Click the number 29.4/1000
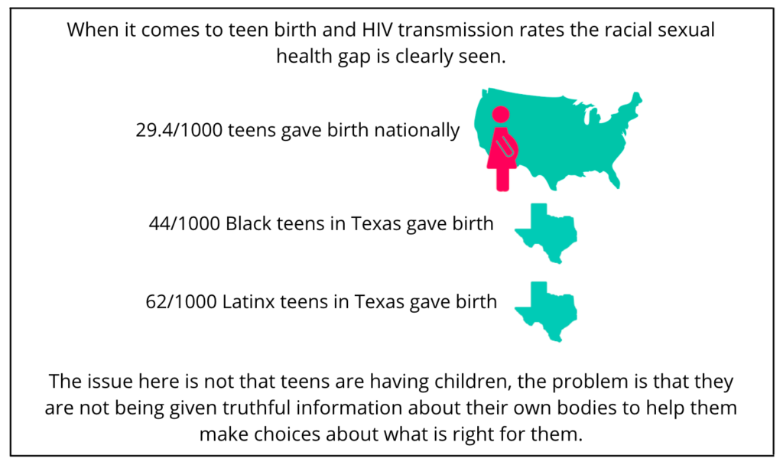click(x=179, y=130)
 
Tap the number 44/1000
click(x=184, y=224)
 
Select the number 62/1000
click(x=181, y=302)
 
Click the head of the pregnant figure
click(x=500, y=115)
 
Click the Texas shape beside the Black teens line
click(x=545, y=232)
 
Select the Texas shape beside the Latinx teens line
click(x=545, y=311)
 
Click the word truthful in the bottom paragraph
click(x=255, y=408)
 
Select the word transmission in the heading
click(x=456, y=30)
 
